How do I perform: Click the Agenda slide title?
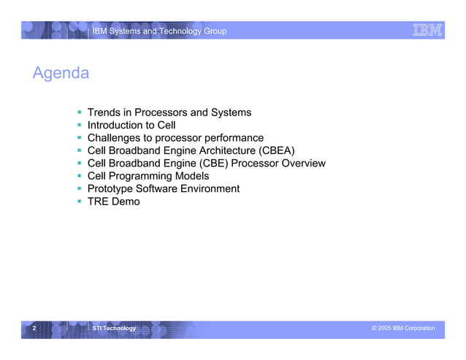click(x=61, y=74)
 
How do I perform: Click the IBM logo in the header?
click(x=427, y=30)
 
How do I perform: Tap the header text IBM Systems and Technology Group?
click(x=158, y=31)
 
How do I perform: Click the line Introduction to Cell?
click(x=131, y=125)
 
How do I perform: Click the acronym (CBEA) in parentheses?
click(x=272, y=150)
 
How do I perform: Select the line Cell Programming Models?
click(x=148, y=176)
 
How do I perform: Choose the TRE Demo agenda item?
click(x=113, y=202)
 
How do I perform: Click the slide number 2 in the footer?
click(x=34, y=329)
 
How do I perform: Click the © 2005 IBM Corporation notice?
click(x=402, y=329)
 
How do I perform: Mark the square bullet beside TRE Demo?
click(x=80, y=202)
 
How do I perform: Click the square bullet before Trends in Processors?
click(x=80, y=112)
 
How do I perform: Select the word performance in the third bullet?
click(x=230, y=138)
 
